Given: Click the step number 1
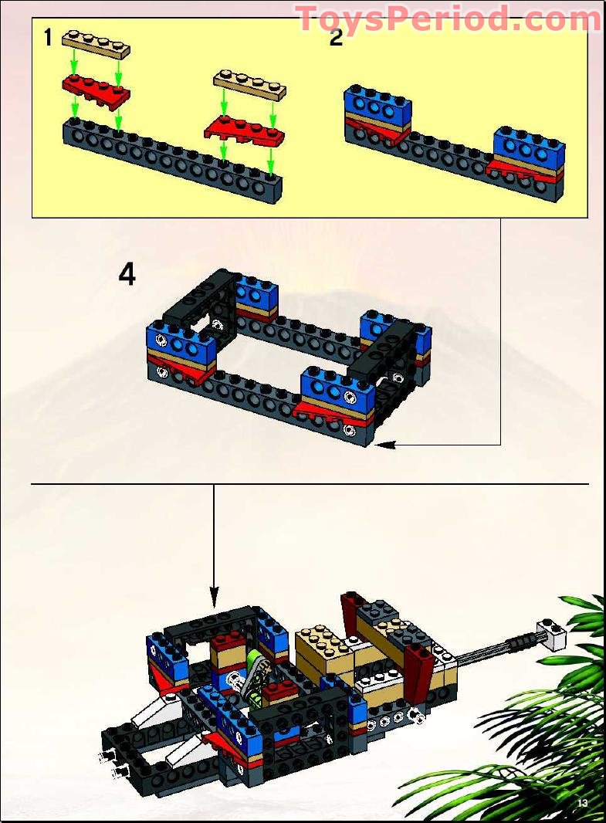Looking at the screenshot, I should (48, 38).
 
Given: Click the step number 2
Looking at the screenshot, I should (336, 38).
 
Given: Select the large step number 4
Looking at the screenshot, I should (127, 274).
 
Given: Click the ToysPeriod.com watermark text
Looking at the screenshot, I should (448, 19).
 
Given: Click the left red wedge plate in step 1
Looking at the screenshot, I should (96, 88).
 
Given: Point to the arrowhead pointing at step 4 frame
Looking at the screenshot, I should (385, 444).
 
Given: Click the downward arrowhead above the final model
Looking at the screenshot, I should (215, 597).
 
